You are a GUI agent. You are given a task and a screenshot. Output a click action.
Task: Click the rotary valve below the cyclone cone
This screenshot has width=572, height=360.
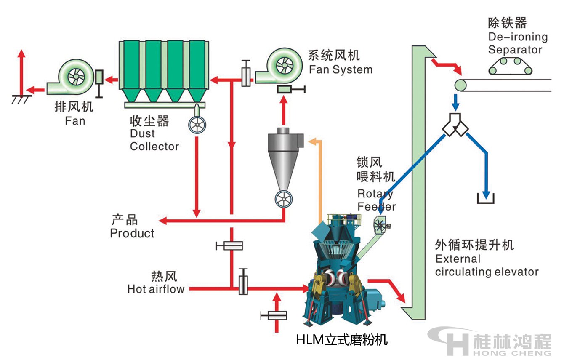284,199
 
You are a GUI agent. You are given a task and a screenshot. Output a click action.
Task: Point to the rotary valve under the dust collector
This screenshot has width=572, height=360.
197,125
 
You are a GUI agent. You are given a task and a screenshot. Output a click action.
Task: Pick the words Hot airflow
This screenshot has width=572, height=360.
156,289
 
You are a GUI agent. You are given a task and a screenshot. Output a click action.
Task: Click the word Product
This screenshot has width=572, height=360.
132,233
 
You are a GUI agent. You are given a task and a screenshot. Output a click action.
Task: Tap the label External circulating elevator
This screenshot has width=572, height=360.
487,265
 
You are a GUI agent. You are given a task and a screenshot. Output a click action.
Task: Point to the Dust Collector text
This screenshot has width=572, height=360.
154,140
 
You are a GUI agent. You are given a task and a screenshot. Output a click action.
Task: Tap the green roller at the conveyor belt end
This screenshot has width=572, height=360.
460,85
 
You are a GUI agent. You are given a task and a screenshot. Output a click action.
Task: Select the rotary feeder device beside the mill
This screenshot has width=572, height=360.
381,225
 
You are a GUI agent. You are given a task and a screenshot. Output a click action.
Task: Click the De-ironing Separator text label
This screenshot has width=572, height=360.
517,43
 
